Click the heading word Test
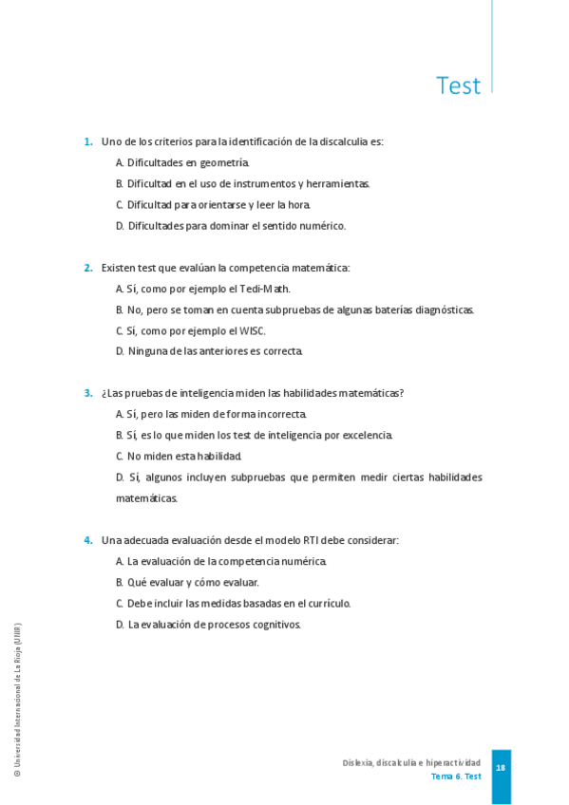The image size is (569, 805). pos(458,85)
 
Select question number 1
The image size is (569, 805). pos(87,142)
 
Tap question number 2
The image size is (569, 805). pos(87,268)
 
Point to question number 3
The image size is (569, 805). pos(87,393)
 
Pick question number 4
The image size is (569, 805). pos(87,540)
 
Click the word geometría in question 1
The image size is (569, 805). pos(226,163)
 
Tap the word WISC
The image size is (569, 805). pos(252,330)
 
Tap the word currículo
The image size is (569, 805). pos(330,603)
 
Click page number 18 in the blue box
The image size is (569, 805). pos(501,767)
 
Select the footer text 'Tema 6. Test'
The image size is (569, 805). pos(456,776)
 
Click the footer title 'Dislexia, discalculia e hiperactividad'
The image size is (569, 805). pos(411,762)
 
